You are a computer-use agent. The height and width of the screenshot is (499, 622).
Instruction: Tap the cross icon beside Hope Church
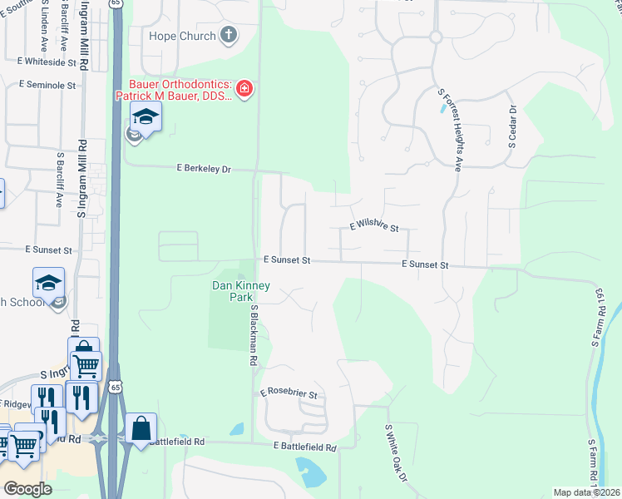tap(230, 36)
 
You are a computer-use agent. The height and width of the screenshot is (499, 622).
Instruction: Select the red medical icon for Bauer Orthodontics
tap(244, 89)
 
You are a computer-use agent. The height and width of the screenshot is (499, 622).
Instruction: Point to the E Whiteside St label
tap(53, 62)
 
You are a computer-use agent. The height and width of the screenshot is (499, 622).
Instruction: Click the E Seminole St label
tap(47, 85)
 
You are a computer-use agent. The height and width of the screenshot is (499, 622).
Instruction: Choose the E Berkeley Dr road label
tap(203, 169)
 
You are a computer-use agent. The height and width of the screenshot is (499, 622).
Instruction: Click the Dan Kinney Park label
tap(230, 291)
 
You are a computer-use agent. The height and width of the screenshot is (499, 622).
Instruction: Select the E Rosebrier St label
tap(289, 393)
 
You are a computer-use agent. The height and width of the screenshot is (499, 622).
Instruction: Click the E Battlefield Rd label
tap(305, 447)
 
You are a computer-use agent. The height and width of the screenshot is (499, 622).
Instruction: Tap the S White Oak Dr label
tap(396, 454)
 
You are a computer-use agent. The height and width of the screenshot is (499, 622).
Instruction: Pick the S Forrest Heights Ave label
tap(452, 130)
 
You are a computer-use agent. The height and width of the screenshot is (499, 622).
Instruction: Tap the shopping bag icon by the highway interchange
tap(141, 428)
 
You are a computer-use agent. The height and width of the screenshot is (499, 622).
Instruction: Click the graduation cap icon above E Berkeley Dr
tap(146, 117)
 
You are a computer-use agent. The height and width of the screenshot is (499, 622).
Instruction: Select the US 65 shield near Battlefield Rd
tap(115, 385)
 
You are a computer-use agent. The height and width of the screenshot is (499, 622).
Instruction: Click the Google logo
tap(27, 489)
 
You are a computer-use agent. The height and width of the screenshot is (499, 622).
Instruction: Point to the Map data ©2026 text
tap(585, 492)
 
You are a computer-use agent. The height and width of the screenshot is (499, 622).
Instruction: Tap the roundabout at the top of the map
tap(435, 37)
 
